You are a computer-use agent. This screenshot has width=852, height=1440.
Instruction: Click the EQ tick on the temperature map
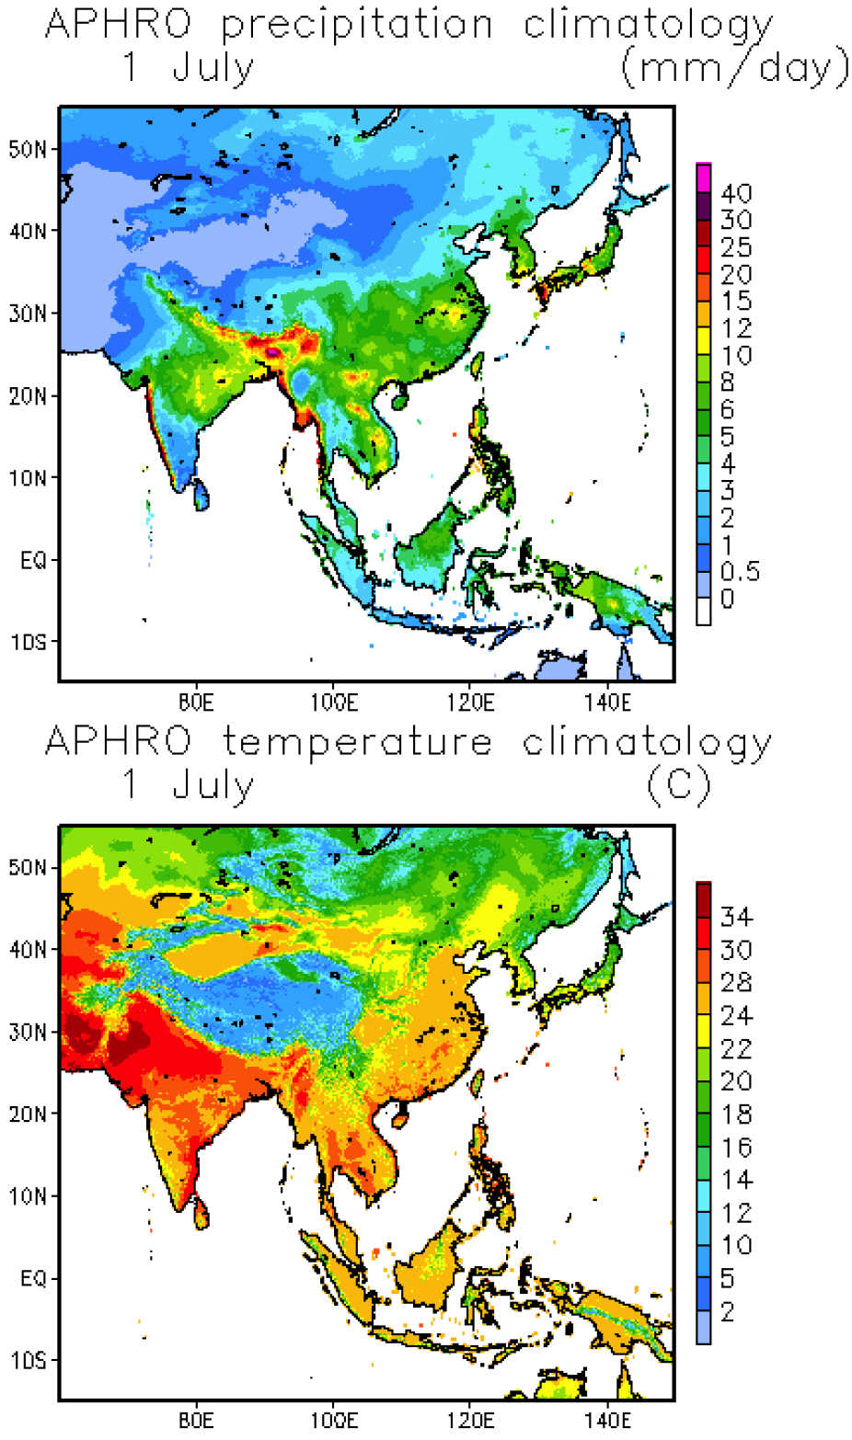pos(33,1278)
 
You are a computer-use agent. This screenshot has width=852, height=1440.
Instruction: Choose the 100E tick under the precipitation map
pos(333,703)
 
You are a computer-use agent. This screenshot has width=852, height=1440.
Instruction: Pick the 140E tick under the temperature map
pos(608,1421)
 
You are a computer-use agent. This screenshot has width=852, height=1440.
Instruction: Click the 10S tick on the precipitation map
pos(29,642)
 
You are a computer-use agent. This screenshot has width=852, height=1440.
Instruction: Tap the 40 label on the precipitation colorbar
pos(736,194)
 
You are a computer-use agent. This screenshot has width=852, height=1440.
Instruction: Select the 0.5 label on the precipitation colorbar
pos(740,572)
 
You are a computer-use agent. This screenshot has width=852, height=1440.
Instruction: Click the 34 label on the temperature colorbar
pos(736,917)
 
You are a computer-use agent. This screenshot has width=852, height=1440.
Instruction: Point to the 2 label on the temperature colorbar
pos(728,1312)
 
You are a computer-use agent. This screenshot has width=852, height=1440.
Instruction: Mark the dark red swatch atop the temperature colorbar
pos(704,891)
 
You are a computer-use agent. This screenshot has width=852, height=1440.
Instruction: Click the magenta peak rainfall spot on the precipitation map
pos(272,351)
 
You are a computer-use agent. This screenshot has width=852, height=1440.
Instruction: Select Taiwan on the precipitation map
pos(477,364)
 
